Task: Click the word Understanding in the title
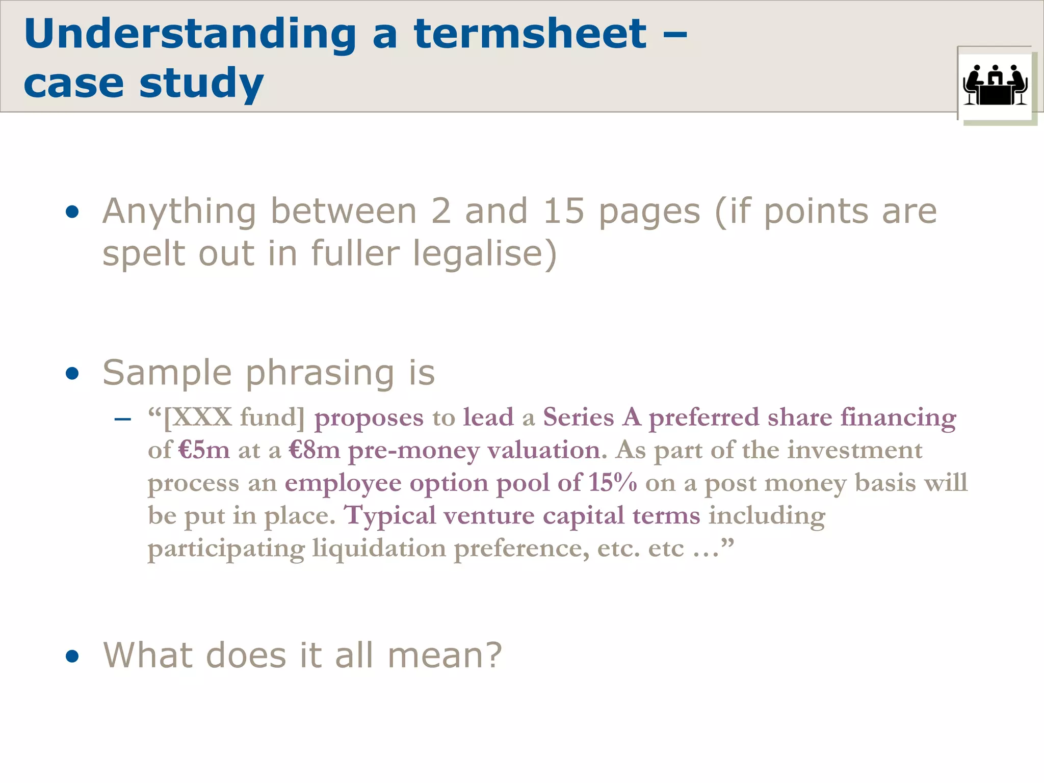tap(190, 35)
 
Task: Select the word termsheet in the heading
tap(530, 35)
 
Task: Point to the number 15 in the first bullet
tap(563, 211)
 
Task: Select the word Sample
tap(167, 373)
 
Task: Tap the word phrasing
tap(320, 374)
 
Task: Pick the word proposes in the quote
tap(369, 418)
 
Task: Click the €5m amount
tap(204, 450)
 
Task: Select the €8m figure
tap(314, 450)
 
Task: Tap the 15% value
tap(612, 482)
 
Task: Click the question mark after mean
tap(492, 655)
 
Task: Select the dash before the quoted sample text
tap(123, 420)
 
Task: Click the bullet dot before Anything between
tap(72, 212)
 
